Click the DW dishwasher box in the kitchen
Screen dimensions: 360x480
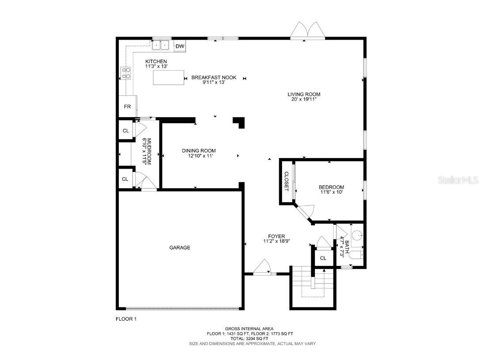180,46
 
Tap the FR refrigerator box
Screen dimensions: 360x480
127,106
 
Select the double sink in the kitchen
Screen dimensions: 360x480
162,45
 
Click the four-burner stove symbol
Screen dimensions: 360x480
126,72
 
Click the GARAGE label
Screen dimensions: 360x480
180,248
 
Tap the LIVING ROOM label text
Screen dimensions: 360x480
304,94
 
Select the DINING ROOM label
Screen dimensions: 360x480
199,151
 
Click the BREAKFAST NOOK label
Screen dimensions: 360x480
214,78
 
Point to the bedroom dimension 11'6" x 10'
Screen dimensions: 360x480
331,192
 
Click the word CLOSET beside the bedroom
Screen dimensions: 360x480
286,181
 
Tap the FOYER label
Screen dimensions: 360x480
276,236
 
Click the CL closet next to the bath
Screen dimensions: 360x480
323,258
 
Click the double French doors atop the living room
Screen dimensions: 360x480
308,30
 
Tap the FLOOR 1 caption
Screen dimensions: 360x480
126,318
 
